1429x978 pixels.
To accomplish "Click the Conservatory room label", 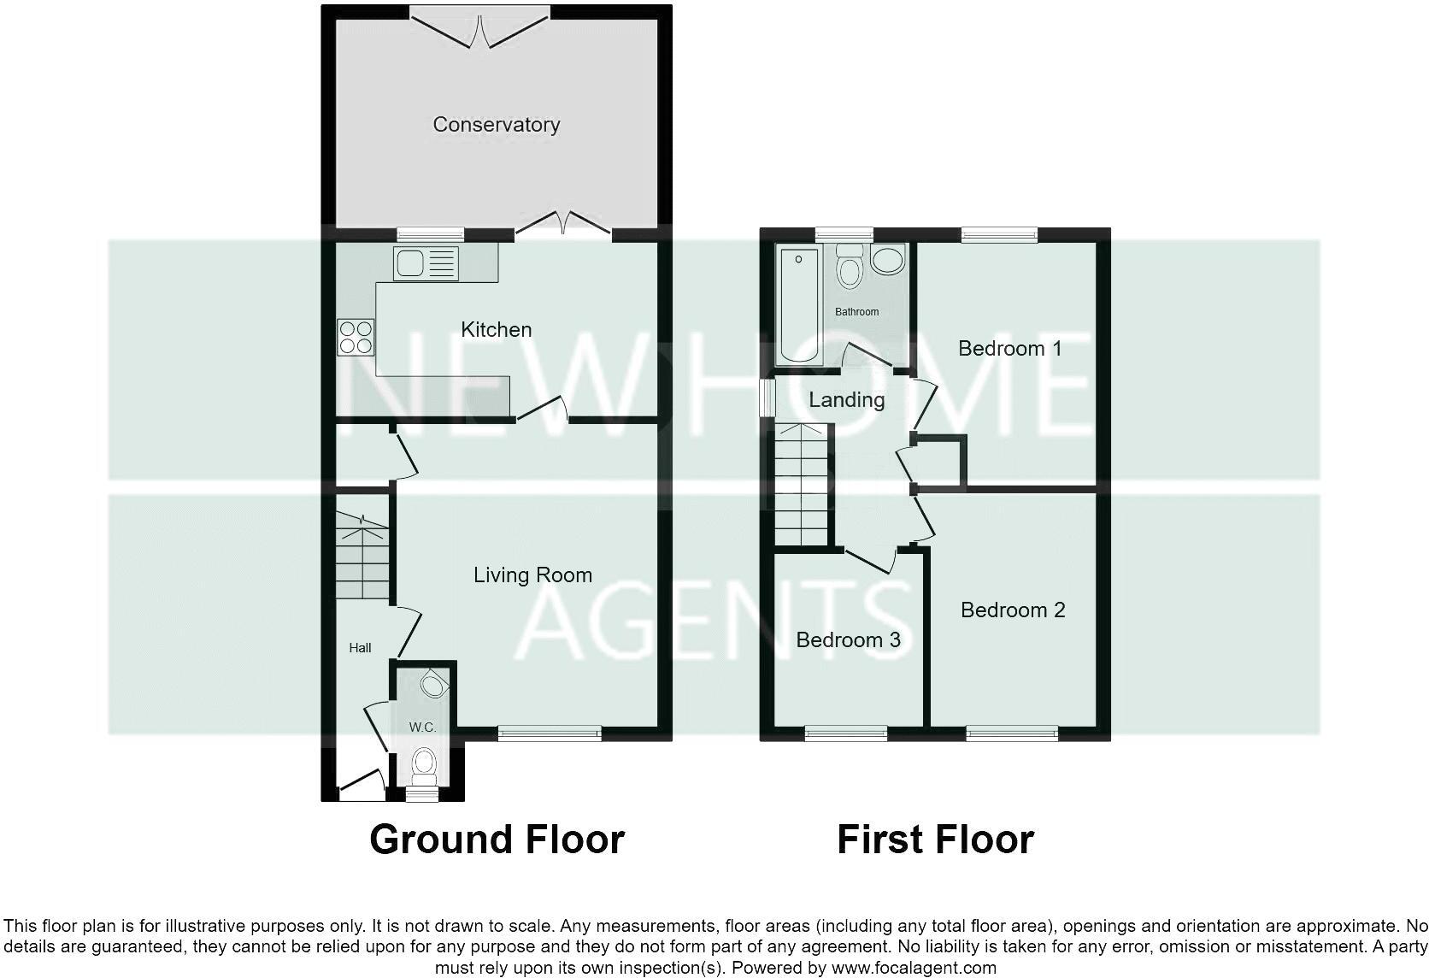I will point(496,125).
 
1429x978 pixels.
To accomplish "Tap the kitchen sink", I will point(425,263).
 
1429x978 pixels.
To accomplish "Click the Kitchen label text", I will point(496,329).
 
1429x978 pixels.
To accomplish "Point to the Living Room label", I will point(532,575).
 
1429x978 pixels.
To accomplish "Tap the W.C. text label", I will point(422,728).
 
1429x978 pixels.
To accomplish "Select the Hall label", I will point(360,648).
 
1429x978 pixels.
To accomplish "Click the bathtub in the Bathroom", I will point(798,305).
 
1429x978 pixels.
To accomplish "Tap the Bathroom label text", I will point(856,312).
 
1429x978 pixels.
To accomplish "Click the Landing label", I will point(846,400).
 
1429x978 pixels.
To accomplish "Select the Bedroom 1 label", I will point(1009,349).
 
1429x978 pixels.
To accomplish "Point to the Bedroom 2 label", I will point(1013,610).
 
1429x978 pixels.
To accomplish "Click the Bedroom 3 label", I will point(848,640).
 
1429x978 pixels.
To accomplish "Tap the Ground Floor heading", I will point(497,840).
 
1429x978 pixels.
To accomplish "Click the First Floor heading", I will point(935,840).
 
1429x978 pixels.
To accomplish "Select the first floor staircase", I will point(802,486).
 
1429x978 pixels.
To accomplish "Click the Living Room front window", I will point(550,733).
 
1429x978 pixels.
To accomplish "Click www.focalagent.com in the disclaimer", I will point(914,969).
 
